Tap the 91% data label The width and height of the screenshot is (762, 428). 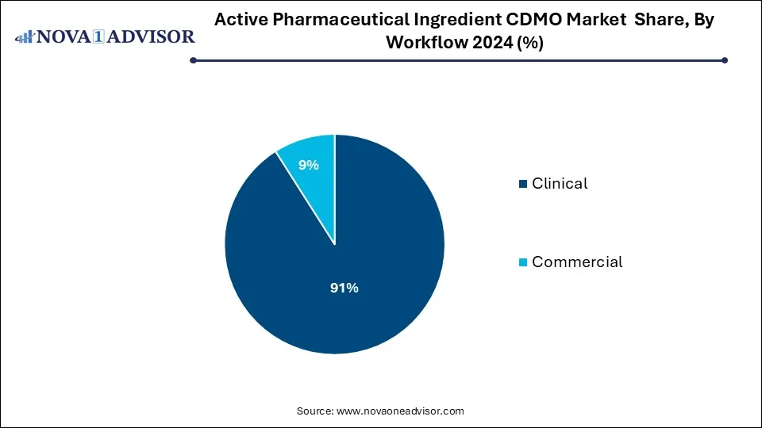[344, 289]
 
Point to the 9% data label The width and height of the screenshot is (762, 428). [308, 165]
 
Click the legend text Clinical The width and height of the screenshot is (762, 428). [560, 184]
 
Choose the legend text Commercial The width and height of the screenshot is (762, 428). [577, 262]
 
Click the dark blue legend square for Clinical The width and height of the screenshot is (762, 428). [522, 185]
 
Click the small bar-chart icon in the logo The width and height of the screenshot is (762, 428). [25, 36]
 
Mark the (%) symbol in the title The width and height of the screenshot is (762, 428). [529, 43]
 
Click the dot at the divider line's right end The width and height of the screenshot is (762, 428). [724, 60]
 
